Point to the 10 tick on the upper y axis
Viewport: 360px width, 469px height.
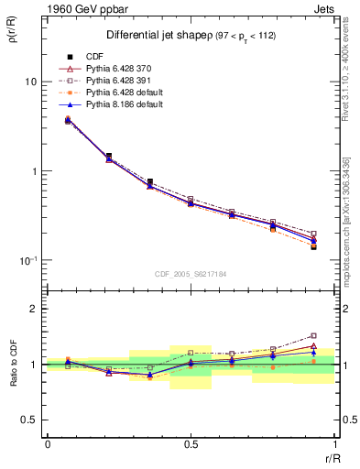click(30, 82)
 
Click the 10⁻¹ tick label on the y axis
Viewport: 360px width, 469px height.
click(28, 261)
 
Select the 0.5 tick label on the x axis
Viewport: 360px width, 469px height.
click(191, 444)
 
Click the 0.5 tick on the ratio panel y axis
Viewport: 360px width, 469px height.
click(29, 420)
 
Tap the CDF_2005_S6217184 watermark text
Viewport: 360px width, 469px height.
click(191, 272)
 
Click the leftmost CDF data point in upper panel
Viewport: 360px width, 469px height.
click(68, 120)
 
